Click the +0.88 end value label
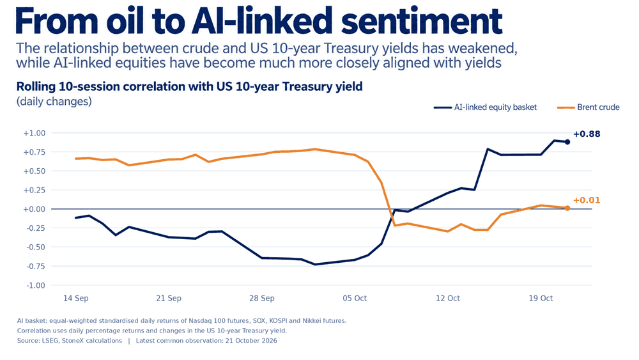587,134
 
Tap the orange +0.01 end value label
587,200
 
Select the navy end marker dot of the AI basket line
567,142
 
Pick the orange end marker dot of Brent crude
567,208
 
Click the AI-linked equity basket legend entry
486,107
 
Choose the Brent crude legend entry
588,107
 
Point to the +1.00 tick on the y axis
35,133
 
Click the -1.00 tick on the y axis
35,285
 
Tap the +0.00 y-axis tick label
35,209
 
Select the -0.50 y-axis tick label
35,247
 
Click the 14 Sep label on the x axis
76,298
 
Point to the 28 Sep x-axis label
261,298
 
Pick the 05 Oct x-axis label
355,298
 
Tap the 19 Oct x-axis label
541,298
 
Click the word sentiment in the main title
421,21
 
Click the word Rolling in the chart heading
36,87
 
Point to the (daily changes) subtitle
54,101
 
